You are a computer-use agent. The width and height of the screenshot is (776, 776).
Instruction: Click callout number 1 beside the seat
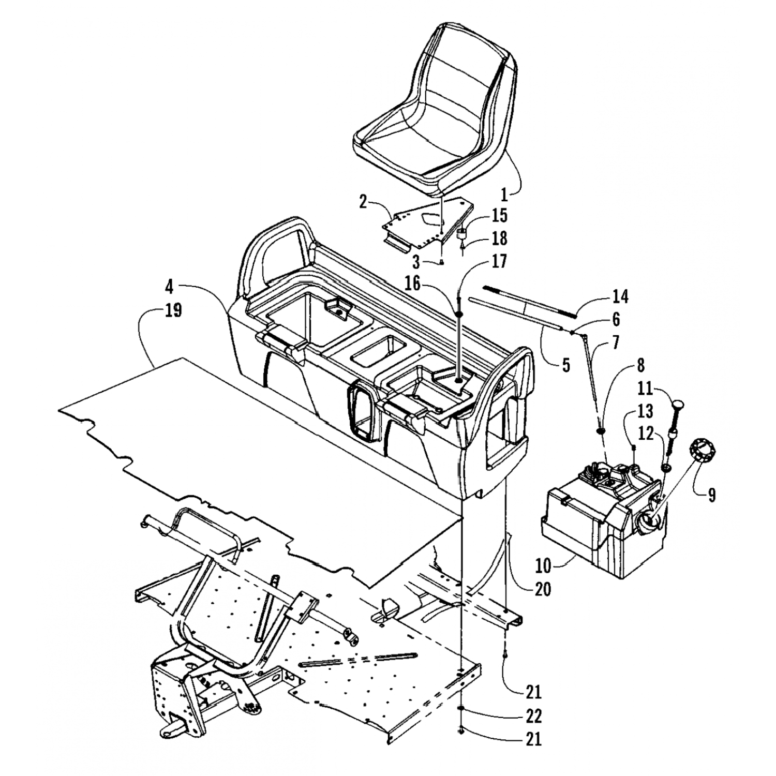click(505, 195)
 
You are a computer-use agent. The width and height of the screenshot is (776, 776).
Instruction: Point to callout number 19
click(173, 311)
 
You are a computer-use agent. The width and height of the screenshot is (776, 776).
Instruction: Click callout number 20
click(543, 588)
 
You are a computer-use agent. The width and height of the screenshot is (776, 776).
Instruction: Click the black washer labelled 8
click(601, 431)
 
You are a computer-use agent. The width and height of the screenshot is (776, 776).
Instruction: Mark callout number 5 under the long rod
click(566, 365)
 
